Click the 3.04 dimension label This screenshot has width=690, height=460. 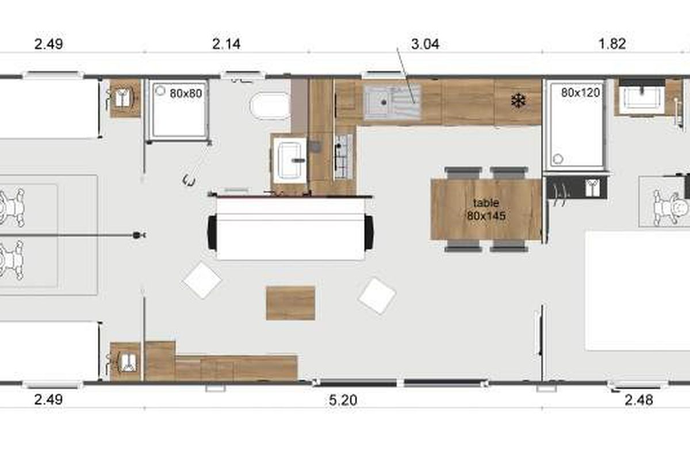(x=425, y=44)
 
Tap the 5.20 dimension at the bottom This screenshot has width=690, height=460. (x=343, y=401)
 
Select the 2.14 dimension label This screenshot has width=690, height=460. (x=226, y=44)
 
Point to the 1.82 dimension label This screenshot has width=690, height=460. (x=612, y=44)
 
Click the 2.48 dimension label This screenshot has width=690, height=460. (x=639, y=400)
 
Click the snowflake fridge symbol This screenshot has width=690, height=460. (x=519, y=101)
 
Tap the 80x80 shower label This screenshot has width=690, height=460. (x=186, y=93)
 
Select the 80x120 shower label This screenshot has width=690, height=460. (x=580, y=93)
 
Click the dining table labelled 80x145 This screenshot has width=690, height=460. (x=486, y=209)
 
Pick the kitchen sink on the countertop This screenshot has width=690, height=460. (x=392, y=102)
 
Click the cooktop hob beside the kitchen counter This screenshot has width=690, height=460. (x=343, y=156)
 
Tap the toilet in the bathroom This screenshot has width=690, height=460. (x=270, y=106)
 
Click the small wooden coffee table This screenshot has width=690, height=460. (x=290, y=303)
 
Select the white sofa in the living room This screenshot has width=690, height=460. (x=290, y=229)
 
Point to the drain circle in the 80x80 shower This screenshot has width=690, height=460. (x=160, y=91)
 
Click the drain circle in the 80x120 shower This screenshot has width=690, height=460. (x=558, y=159)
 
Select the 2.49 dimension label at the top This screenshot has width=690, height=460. (x=49, y=44)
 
